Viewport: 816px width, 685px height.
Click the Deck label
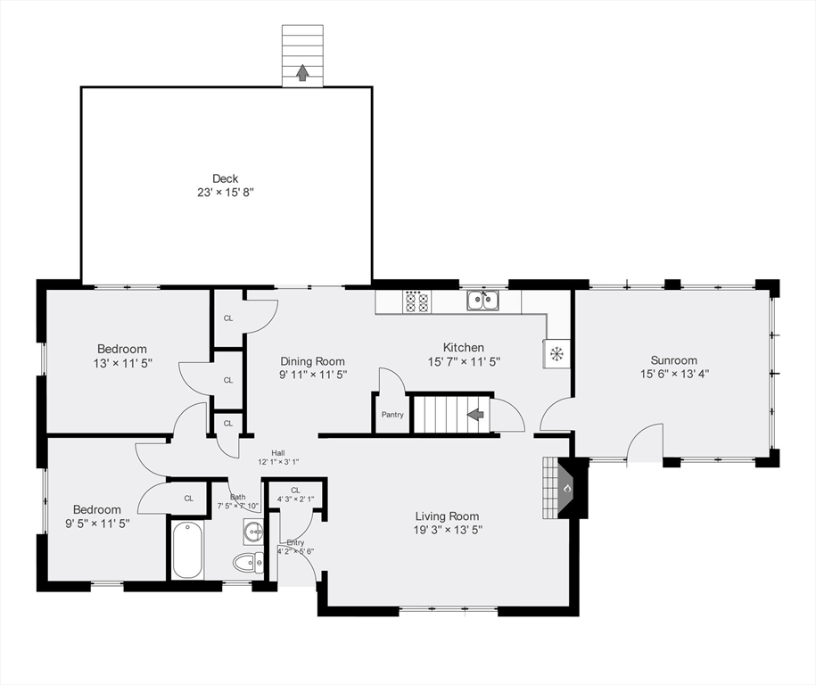[x=225, y=178]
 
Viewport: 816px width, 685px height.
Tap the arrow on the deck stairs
[x=302, y=72]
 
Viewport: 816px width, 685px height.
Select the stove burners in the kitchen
[x=416, y=301]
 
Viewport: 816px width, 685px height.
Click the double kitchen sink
[x=482, y=301]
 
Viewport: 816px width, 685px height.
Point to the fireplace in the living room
[x=564, y=487]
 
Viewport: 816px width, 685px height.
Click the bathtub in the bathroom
[x=188, y=550]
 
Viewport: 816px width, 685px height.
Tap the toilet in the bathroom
[x=248, y=562]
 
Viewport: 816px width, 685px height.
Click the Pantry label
[x=392, y=415]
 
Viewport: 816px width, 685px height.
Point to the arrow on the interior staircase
[x=475, y=414]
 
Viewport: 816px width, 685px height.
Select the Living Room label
[x=447, y=516]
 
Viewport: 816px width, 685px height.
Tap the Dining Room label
[x=312, y=361]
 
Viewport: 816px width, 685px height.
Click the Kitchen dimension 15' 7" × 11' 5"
[x=463, y=362]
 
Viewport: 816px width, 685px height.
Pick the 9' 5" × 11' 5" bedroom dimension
[x=97, y=524]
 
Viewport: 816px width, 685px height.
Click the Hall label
[x=278, y=453]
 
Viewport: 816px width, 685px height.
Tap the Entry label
[x=295, y=542]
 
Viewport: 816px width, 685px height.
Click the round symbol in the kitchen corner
[x=556, y=354]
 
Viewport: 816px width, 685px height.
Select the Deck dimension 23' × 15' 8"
[x=225, y=193]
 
